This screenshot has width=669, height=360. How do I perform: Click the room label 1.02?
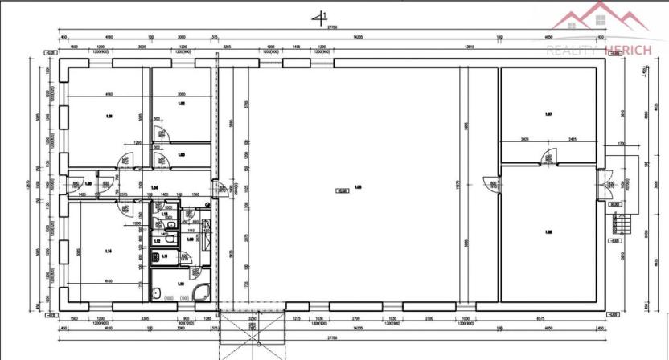[x=182, y=104]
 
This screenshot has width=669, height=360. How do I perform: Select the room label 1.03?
[x=182, y=154]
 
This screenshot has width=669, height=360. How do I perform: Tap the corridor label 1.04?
[x=154, y=187]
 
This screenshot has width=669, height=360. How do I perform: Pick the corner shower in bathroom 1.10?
[x=203, y=292]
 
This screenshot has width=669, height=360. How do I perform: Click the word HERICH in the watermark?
[x=630, y=50]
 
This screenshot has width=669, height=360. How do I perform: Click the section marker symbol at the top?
[x=322, y=15]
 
